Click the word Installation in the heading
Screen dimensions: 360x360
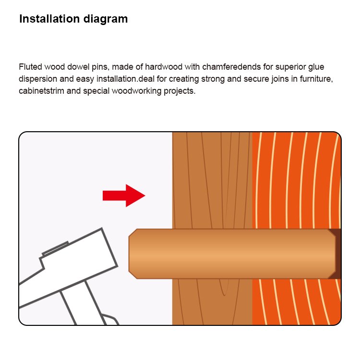coord(49,19)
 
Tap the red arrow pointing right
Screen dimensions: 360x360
coord(124,196)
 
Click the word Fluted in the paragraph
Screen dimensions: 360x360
coord(30,67)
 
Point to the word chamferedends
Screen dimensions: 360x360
coord(232,67)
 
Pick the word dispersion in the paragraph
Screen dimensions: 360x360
coord(38,79)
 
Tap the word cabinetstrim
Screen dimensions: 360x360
coord(42,91)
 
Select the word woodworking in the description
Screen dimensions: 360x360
coord(137,91)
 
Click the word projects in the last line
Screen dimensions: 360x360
coord(180,91)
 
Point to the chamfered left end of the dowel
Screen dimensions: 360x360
coord(133,254)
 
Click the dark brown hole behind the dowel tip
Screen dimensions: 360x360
coord(336,254)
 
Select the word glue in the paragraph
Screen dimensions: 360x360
coord(316,67)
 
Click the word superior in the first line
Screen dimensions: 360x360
coord(290,67)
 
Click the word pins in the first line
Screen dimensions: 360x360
coord(101,67)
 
